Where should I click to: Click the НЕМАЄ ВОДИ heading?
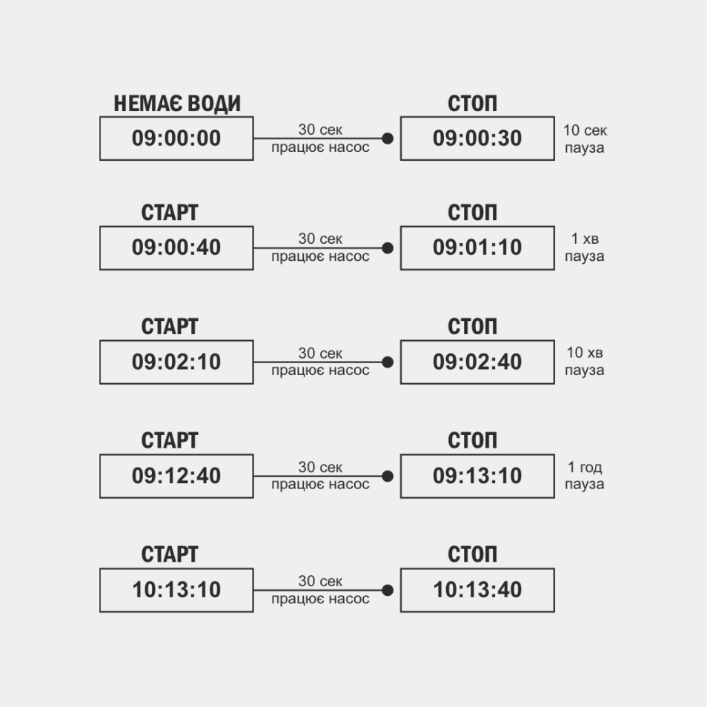pos(176,104)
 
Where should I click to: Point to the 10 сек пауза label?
pos(585,139)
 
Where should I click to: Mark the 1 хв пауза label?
pos(585,247)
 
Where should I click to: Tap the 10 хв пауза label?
pos(585,361)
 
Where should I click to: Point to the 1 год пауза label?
pos(585,475)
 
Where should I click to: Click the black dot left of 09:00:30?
pos(388,139)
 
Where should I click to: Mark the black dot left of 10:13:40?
pos(388,590)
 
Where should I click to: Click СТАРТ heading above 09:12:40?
pos(170,440)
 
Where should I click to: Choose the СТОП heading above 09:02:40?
pos(472,326)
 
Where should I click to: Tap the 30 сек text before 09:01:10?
pos(320,239)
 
